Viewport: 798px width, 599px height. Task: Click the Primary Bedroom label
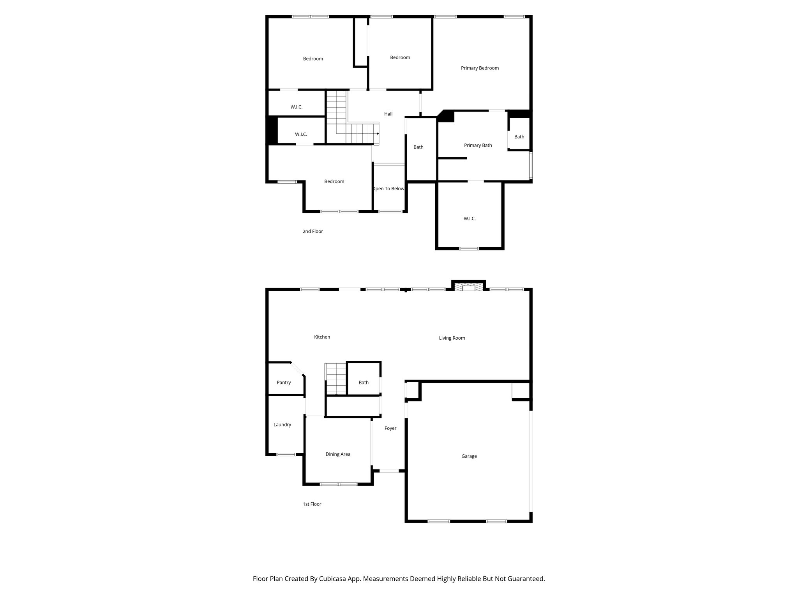480,68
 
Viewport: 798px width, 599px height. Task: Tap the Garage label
469,456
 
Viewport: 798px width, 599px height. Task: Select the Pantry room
284,383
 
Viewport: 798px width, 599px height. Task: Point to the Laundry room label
282,425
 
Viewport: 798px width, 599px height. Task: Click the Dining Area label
338,454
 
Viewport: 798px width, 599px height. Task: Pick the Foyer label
390,429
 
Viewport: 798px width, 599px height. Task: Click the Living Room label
452,338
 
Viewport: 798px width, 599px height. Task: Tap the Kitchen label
322,337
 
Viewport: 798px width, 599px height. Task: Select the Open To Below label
388,189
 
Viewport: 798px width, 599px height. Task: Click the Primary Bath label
478,145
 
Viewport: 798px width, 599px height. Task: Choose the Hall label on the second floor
388,114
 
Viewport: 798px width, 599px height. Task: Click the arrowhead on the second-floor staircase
378,134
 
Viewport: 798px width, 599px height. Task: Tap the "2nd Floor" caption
312,232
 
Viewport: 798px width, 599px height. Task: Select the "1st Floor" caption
312,504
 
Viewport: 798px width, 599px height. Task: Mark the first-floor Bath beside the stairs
364,383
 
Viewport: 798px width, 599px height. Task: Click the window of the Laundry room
286,454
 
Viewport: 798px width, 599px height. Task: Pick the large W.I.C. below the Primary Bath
470,219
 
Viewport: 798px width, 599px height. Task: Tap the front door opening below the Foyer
389,471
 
